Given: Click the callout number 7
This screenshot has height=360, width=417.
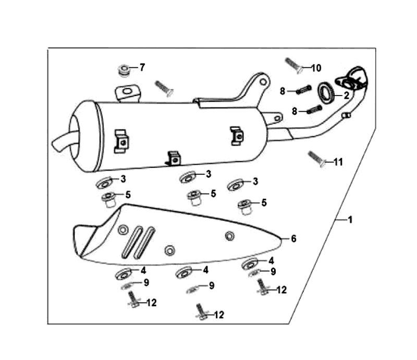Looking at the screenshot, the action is (x=142, y=67).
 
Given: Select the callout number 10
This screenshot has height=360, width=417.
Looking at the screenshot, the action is (x=316, y=68).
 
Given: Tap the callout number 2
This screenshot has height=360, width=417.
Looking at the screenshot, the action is (x=346, y=95).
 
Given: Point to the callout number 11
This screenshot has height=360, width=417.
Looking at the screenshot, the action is (x=338, y=162).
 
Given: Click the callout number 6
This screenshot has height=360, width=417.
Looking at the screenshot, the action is (x=293, y=238).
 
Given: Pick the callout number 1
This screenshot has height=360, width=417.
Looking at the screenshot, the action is (x=350, y=220).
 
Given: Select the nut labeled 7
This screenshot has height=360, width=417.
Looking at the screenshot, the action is (x=124, y=70).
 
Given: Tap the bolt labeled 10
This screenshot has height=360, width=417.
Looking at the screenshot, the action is (x=294, y=66).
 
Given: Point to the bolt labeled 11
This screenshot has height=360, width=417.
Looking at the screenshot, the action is (x=317, y=159).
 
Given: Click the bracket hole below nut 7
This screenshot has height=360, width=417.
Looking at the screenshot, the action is (x=127, y=91).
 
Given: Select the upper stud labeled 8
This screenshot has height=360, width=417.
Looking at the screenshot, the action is (x=304, y=89).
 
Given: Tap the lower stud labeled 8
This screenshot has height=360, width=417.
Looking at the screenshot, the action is (x=314, y=110).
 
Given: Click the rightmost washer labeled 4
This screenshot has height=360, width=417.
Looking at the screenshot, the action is (x=250, y=264).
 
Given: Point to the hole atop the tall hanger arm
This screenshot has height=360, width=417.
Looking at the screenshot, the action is (x=263, y=81).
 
